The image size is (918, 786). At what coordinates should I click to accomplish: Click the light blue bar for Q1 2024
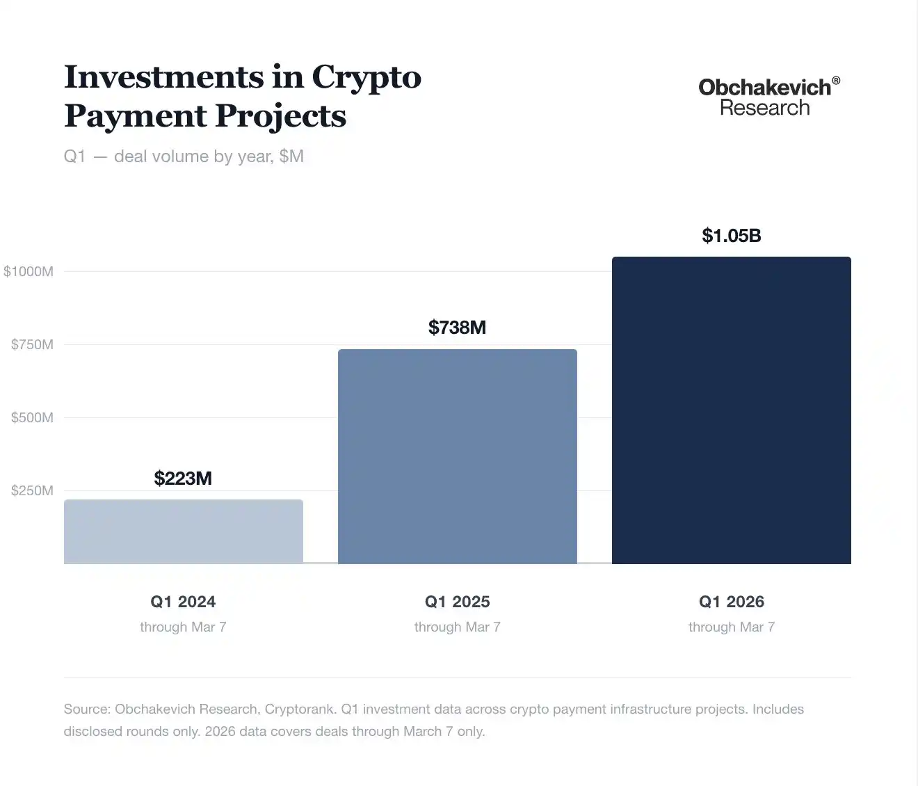[x=184, y=531]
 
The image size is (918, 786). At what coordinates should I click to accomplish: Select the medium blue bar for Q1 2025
[x=458, y=456]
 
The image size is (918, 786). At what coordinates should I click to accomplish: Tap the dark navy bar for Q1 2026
[x=732, y=410]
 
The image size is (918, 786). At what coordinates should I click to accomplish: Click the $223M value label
[x=183, y=479]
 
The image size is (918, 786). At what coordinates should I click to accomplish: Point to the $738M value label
[x=457, y=328]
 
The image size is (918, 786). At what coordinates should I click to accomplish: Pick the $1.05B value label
[x=732, y=236]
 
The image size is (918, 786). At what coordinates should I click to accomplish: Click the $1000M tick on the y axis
[x=29, y=271]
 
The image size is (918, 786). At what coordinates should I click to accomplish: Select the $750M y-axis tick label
[x=32, y=344]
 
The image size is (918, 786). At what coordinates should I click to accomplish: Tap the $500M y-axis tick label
[x=32, y=417]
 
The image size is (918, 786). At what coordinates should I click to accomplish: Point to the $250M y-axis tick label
[x=32, y=490]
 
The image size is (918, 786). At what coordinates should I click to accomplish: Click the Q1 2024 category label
[x=183, y=602]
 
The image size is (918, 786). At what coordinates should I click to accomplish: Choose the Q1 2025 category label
[x=457, y=602]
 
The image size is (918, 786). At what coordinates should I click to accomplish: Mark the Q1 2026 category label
[x=732, y=602]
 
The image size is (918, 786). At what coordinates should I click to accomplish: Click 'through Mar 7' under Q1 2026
[x=732, y=627]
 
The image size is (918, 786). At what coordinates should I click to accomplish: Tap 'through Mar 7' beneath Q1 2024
[x=183, y=627]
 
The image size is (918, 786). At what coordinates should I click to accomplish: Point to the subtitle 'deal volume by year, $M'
[x=209, y=157]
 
